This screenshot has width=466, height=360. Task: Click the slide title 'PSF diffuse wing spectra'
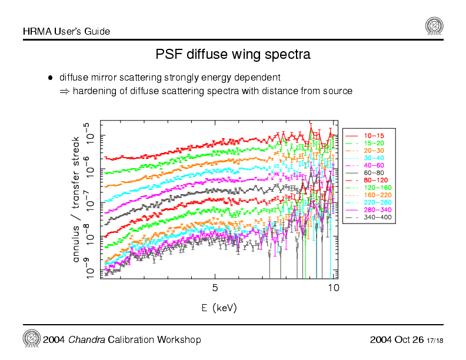tap(233, 55)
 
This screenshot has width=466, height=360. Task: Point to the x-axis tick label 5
tap(215, 288)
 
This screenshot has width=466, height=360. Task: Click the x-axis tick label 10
tap(333, 288)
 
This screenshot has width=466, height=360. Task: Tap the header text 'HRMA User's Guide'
tap(66, 31)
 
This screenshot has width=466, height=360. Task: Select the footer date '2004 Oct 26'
tap(397, 340)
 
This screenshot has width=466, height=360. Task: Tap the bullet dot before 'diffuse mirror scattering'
tap(51, 78)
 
